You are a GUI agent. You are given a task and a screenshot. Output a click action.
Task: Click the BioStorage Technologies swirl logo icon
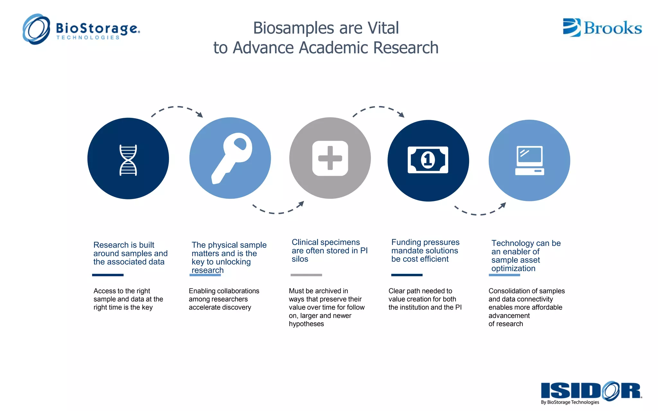pos(36,29)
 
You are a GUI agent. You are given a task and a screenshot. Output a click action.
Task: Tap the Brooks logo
pos(602,28)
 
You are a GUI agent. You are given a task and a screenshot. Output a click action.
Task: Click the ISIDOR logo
pos(591,391)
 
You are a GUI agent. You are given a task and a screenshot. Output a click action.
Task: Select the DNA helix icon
pos(128,160)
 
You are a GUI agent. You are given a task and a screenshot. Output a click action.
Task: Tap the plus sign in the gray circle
pos(330,158)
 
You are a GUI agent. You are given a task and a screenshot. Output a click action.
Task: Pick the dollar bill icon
pos(428,160)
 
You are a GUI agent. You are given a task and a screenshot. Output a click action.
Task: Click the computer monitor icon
pos(529,161)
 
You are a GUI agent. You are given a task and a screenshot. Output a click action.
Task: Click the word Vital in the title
pos(383,28)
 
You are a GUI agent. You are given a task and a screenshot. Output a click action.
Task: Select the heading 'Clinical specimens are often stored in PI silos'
pos(329,250)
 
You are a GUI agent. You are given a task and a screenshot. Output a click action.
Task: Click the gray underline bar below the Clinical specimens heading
pos(306,275)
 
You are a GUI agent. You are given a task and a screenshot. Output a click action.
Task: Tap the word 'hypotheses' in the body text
pos(306,324)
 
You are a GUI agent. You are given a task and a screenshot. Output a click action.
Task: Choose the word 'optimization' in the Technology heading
pos(513,268)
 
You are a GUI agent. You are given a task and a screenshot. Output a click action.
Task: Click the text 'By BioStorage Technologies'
pos(570,402)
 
